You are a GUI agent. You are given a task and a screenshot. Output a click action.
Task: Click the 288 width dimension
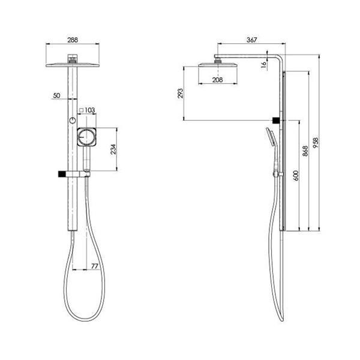[x=72, y=40]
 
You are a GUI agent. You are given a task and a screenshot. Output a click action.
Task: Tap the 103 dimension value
[x=90, y=110]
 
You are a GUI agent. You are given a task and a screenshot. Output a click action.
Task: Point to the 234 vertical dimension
[x=113, y=149]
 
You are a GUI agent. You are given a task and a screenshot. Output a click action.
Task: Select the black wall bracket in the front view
[x=61, y=174]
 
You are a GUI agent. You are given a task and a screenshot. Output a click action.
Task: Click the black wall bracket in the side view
[x=275, y=121]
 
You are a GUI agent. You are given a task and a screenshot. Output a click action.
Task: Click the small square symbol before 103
[x=81, y=110]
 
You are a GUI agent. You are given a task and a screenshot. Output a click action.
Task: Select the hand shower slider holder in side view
[x=277, y=174]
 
